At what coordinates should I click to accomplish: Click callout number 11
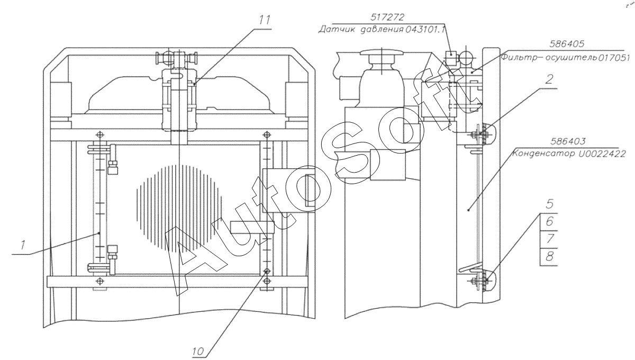(x=265, y=20)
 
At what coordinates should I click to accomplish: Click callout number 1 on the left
(x=23, y=245)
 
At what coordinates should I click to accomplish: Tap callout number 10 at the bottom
(x=198, y=352)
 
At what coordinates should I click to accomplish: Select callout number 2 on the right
(x=549, y=79)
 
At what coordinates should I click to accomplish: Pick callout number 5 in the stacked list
(x=549, y=204)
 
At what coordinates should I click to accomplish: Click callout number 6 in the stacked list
(x=549, y=221)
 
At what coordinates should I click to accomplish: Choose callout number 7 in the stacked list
(x=549, y=239)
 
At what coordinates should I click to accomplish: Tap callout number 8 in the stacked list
(x=549, y=256)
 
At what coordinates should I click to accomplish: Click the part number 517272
(x=387, y=17)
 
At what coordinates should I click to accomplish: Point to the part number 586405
(x=567, y=44)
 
